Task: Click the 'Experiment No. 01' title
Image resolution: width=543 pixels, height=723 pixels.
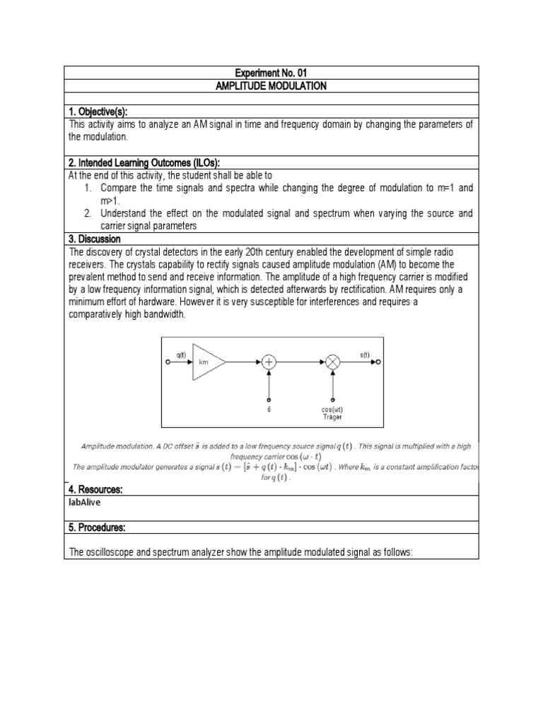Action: (272, 73)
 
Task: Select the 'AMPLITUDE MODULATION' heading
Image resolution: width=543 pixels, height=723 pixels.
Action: (272, 85)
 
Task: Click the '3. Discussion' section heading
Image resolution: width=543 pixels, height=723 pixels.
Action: (95, 239)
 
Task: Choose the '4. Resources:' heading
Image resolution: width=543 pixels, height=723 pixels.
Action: (97, 489)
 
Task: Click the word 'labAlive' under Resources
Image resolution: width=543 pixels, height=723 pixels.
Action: (86, 502)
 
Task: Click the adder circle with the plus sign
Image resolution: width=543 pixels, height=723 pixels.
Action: (269, 361)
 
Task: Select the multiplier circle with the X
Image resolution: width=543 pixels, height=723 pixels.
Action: (333, 361)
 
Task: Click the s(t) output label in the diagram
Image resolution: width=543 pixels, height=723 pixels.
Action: (365, 354)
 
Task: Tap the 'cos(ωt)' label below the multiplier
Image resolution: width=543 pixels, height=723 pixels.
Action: (332, 410)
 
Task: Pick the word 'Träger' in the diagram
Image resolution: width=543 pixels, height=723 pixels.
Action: (332, 417)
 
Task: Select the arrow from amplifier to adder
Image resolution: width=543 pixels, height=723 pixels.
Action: (244, 361)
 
